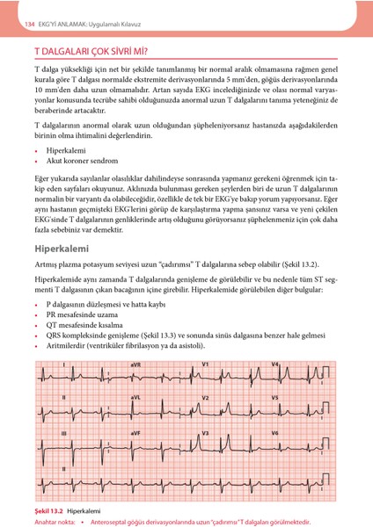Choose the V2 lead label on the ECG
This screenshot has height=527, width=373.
click(x=206, y=398)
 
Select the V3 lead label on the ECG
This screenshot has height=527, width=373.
click(x=206, y=434)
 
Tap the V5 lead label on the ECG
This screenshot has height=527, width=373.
click(x=275, y=398)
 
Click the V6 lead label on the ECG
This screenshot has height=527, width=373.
click(x=275, y=434)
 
